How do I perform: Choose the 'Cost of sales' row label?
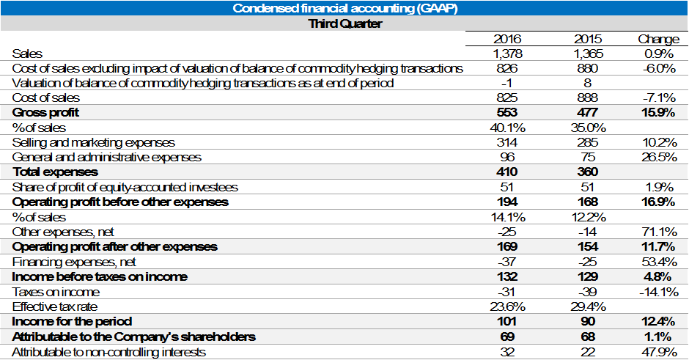(x=46, y=98)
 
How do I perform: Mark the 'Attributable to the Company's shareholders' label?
(x=134, y=337)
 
